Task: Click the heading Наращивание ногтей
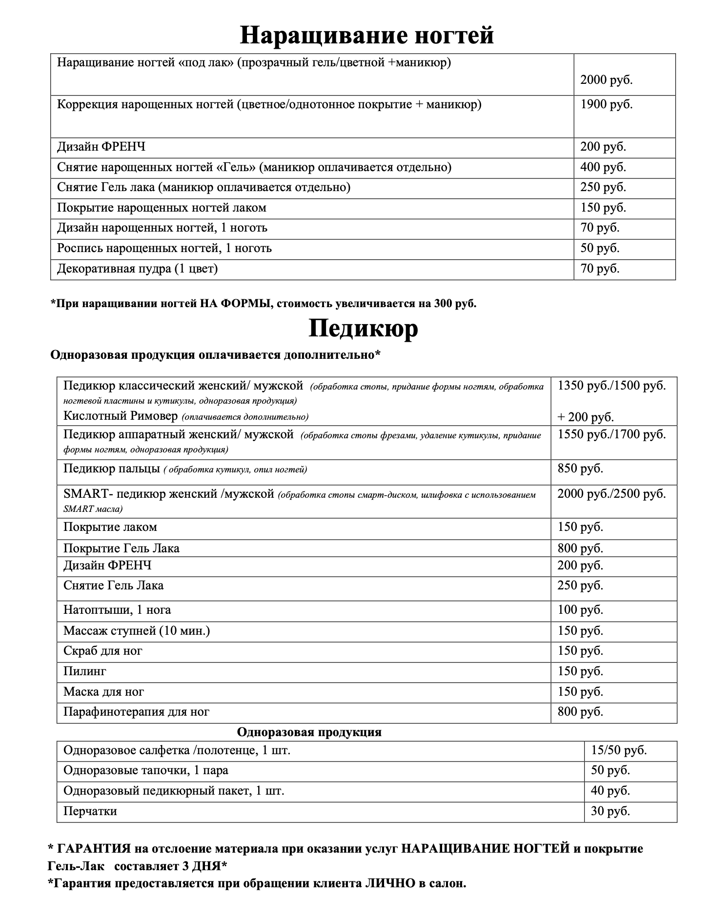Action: pos(366,35)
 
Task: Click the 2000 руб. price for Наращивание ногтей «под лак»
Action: pos(606,80)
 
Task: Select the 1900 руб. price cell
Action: pos(606,104)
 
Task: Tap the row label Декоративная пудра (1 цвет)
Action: pos(137,269)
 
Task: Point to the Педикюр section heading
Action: pos(363,329)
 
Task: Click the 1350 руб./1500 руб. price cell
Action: pos(611,386)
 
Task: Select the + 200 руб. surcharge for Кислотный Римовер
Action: pos(586,417)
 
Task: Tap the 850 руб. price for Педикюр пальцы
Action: pos(580,469)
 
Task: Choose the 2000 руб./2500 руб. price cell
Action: pos(611,494)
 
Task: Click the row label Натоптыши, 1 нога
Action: pos(117,610)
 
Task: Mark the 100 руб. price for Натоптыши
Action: pos(580,610)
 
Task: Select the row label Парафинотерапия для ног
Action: pos(136,712)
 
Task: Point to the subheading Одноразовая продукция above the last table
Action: pos(309,732)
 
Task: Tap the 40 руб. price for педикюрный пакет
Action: pos(610,791)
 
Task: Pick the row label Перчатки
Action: pos(90,811)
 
